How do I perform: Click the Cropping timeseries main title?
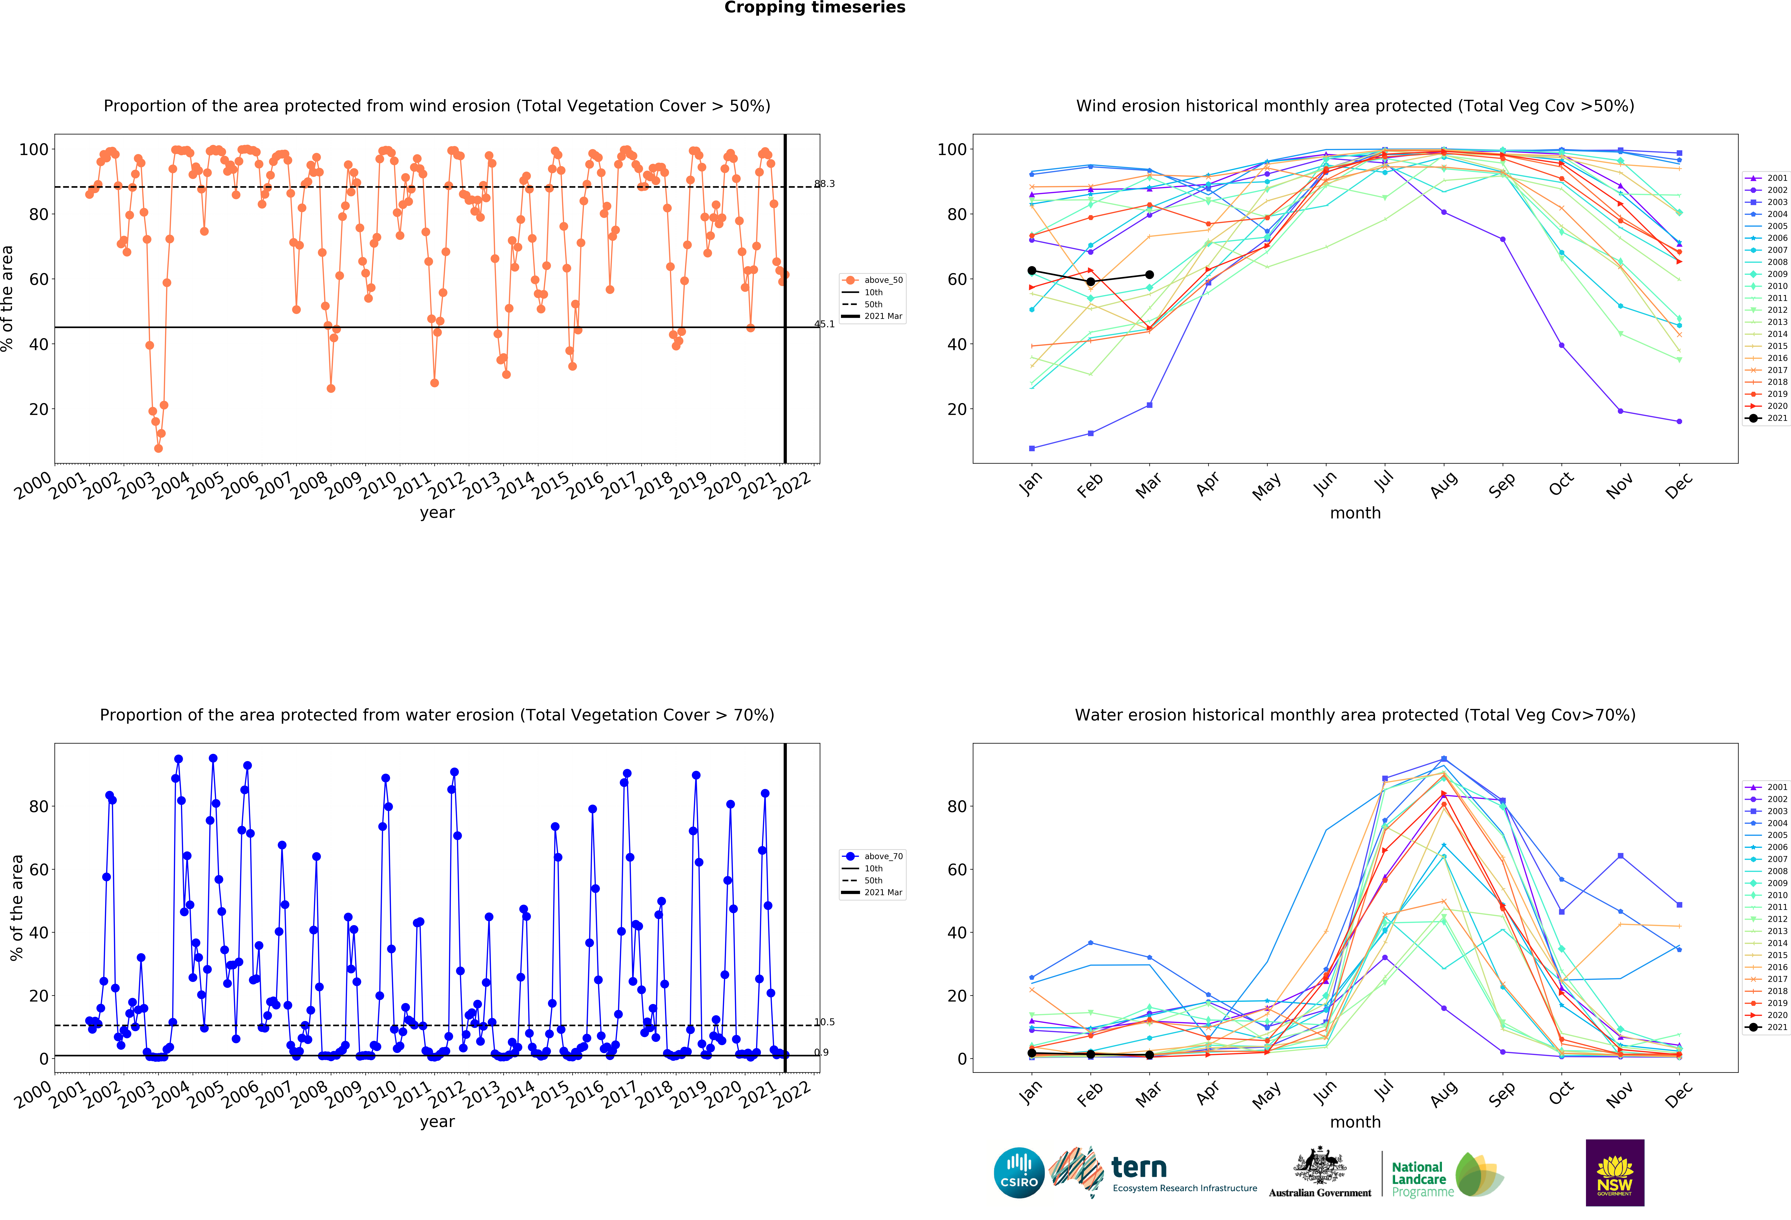[815, 8]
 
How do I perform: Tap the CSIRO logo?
[1019, 1173]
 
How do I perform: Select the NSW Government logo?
[1614, 1172]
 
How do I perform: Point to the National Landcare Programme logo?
[1446, 1175]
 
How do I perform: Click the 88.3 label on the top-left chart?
[825, 183]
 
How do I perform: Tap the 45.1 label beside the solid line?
[825, 324]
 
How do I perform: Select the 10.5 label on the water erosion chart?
[825, 1022]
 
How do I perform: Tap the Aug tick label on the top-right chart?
[1443, 485]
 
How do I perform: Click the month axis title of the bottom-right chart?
[1355, 1122]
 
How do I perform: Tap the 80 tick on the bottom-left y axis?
[39, 806]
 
